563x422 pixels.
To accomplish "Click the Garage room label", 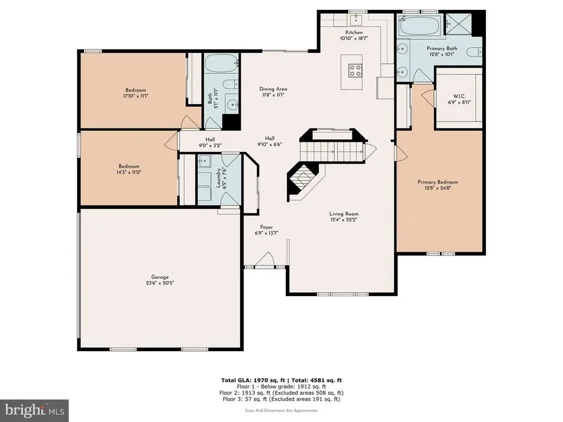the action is pos(160,277).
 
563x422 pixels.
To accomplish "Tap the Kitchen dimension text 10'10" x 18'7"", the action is pos(354,38).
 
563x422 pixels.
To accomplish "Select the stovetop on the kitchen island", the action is pos(355,70).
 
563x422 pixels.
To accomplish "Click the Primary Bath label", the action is pos(441,48).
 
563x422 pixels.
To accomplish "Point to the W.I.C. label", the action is pos(459,96).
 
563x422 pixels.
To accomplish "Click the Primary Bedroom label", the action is pos(438,182).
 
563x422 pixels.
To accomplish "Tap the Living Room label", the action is pos(344,214).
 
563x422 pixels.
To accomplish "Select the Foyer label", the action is pos(267,227).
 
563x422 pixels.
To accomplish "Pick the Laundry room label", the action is pos(218,178).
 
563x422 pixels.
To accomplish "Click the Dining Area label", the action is pos(273,89).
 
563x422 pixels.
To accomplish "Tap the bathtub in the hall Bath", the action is pos(222,64).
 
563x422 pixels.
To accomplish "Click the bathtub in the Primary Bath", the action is pos(420,25).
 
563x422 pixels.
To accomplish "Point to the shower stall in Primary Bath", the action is pos(458,24).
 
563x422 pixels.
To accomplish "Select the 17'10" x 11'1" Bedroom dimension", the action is pos(135,96).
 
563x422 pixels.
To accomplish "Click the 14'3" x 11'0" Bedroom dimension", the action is pos(129,172).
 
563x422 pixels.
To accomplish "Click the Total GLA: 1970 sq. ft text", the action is pos(253,380).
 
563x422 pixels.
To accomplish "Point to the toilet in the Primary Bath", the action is pos(474,52).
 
